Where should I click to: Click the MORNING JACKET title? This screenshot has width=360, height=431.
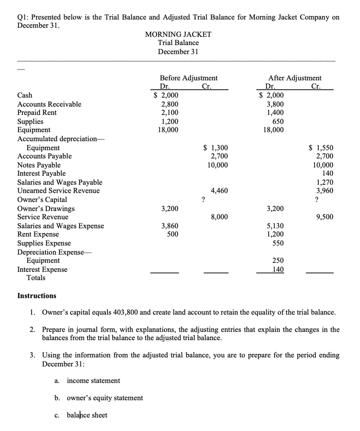(x=178, y=34)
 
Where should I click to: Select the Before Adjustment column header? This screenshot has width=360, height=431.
(x=189, y=78)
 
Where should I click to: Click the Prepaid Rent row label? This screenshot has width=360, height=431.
(x=37, y=113)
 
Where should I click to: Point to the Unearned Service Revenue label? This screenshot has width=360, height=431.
(x=59, y=191)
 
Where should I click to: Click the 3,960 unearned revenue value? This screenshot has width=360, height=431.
(x=325, y=191)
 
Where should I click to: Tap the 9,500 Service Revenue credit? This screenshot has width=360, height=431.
(x=325, y=217)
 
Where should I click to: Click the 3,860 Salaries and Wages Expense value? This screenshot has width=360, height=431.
(x=170, y=226)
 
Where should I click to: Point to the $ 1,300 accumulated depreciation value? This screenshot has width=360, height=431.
(x=216, y=148)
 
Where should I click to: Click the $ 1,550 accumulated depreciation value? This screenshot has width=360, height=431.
(x=321, y=148)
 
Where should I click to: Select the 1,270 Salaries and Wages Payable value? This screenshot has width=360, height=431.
(x=325, y=182)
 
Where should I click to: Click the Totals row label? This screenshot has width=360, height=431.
(x=36, y=278)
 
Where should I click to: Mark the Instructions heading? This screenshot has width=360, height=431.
(x=37, y=296)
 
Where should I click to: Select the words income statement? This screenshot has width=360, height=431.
(x=93, y=380)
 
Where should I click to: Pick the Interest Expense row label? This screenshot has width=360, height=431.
(x=42, y=269)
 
